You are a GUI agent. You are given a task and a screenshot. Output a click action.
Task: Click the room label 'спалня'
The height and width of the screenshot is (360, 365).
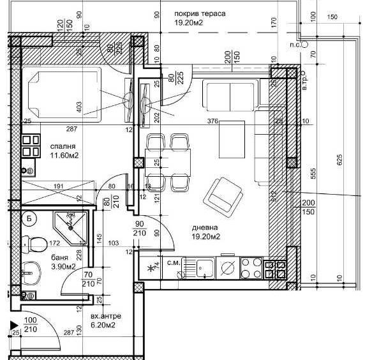pyautogui.click(x=63, y=146)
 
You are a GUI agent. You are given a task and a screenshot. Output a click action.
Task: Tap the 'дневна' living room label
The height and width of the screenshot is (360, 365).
pyautogui.click(x=205, y=227)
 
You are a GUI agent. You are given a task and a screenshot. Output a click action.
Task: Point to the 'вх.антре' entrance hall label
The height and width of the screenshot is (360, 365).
pyautogui.click(x=106, y=316)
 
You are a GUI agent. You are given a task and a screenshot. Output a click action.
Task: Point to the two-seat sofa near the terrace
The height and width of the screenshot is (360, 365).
pyautogui.click(x=229, y=94)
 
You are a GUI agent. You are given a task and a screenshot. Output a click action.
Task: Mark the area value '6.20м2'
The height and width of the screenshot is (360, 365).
pyautogui.click(x=102, y=326)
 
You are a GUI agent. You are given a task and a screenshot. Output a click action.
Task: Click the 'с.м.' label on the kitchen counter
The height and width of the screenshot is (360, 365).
pyautogui.click(x=174, y=262)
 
